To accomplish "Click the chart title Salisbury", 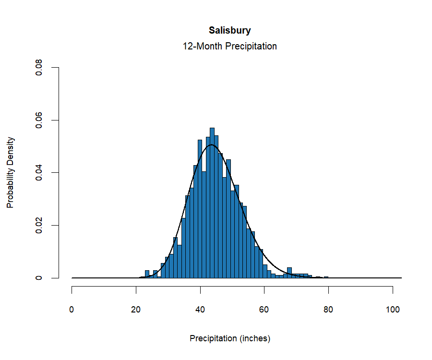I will point(229,31).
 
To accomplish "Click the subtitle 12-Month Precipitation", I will point(229,47).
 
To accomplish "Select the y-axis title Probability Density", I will point(11,172).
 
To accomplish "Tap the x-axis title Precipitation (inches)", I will point(230,338).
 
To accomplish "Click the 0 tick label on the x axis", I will point(72,310).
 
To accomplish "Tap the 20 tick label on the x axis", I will point(136,310).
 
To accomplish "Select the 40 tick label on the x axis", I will point(200,310).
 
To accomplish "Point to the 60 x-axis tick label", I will point(264,310).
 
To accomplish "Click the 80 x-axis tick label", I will point(328,310).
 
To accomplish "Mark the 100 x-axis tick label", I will point(393,310).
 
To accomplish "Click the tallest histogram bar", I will point(212,202).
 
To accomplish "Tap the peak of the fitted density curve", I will point(212,144).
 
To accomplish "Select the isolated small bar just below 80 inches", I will point(326,277).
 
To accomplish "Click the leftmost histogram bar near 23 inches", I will point(147,274).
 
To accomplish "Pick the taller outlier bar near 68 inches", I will point(289,273).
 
